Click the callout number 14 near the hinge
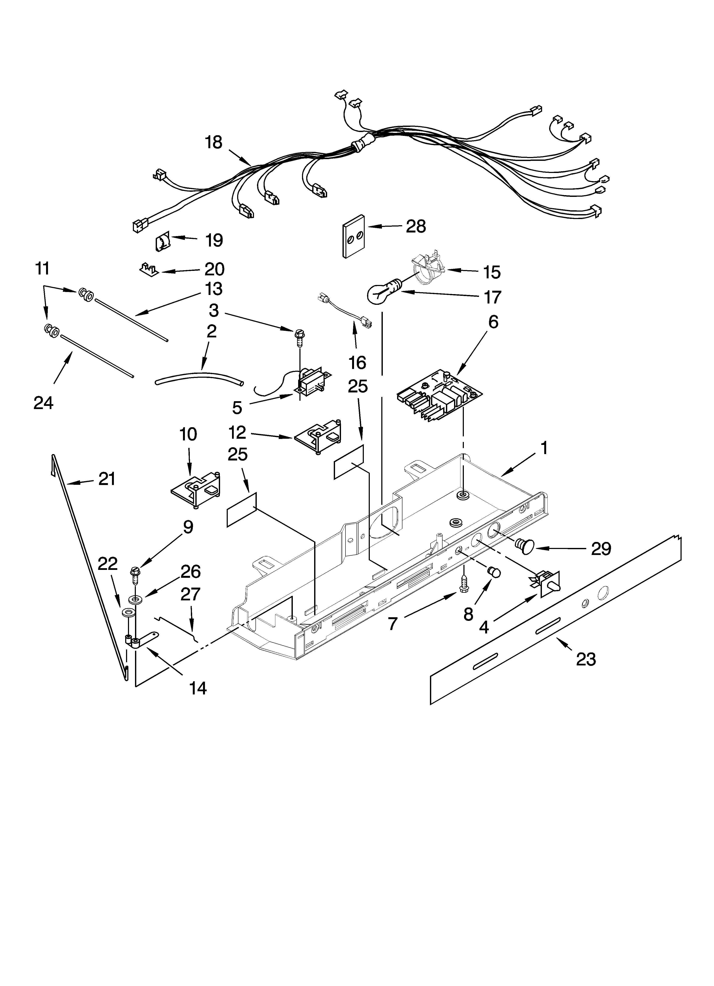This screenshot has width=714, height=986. coord(198,688)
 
